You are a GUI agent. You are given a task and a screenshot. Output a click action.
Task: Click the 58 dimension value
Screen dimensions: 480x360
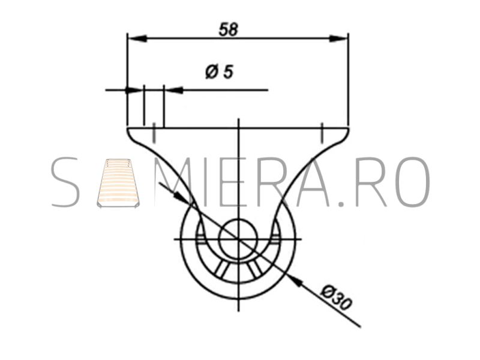(x=229, y=29)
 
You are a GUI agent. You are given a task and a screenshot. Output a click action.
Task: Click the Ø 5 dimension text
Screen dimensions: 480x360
(x=219, y=72)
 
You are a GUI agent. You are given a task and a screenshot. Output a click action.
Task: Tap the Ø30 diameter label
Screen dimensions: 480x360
(x=336, y=298)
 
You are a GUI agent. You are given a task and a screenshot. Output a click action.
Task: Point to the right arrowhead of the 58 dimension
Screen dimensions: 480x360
(x=338, y=38)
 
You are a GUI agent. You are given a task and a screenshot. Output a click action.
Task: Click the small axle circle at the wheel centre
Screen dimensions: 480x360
(x=238, y=238)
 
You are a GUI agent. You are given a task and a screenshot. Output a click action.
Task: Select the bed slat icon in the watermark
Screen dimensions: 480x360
(x=118, y=183)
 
